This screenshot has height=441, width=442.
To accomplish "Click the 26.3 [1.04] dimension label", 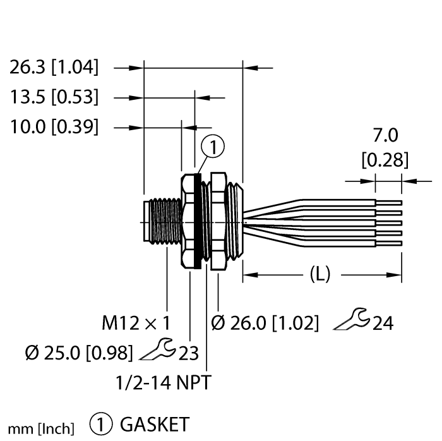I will pyautogui.click(x=54, y=66).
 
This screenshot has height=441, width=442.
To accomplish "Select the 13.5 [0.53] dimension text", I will pyautogui.click(x=54, y=97).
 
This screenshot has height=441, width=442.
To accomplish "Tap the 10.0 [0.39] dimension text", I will pyautogui.click(x=54, y=127).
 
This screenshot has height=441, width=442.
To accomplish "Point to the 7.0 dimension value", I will pyautogui.click(x=385, y=136).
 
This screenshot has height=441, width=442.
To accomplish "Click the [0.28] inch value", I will pyautogui.click(x=385, y=160).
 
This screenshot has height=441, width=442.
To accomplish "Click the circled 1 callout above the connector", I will pyautogui.click(x=213, y=147).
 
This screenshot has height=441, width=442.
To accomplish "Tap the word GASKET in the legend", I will pyautogui.click(x=154, y=423).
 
